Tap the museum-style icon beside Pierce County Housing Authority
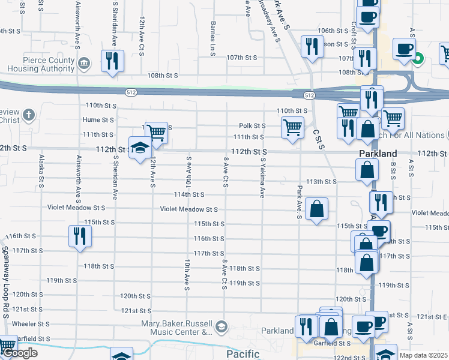point(84,62)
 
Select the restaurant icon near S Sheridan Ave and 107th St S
point(112,61)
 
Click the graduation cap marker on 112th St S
point(140,148)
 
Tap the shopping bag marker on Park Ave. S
point(316,209)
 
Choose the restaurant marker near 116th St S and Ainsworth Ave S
point(80,236)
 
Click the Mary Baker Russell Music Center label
point(168,328)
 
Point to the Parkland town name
point(378,154)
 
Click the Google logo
point(20,353)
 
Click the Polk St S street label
point(252,126)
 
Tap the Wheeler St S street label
point(21,324)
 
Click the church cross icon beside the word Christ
point(28,115)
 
